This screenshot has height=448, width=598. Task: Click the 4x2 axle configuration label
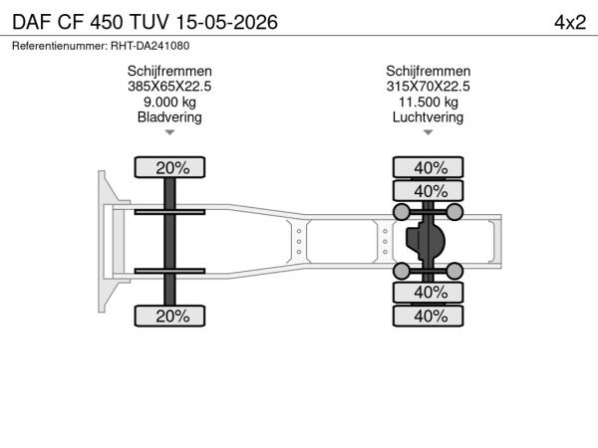tap(570, 23)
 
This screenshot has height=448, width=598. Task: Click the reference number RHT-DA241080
tap(149, 46)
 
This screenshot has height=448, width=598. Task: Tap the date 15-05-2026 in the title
tap(227, 23)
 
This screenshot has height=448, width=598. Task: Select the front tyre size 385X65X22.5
tap(169, 87)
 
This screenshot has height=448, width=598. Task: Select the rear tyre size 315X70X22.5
tap(428, 87)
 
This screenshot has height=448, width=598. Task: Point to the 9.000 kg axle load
tap(169, 103)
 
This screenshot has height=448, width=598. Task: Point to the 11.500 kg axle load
tap(428, 103)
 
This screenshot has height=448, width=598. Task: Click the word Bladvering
tap(169, 116)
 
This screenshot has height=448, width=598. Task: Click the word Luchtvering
tap(428, 116)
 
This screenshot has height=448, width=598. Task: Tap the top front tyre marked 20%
tap(169, 167)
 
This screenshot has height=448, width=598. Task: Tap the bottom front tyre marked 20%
tap(169, 316)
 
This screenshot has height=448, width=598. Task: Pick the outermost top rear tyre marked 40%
tap(428, 167)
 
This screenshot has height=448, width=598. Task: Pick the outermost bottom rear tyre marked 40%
tap(428, 316)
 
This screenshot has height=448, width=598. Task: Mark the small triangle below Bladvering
tap(169, 132)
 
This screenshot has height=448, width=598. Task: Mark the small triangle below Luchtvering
tap(428, 132)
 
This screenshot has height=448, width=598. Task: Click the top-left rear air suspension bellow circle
tap(402, 212)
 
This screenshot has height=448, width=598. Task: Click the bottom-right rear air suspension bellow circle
tap(454, 271)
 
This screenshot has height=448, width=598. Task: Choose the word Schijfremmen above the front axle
tap(169, 72)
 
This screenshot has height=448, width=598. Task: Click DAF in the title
tap(32, 23)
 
